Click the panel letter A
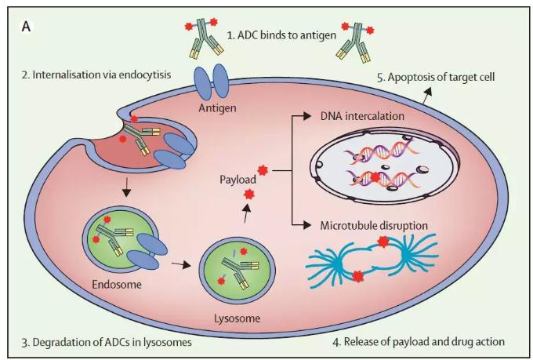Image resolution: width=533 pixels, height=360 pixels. pos(26,26)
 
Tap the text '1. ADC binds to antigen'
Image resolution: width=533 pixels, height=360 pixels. pos(281,35)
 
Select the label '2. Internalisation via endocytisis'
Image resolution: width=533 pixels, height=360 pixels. pos(96,75)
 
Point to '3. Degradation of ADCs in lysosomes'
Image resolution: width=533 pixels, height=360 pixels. pos(107,342)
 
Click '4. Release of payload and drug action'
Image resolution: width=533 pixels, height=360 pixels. pos(419,341)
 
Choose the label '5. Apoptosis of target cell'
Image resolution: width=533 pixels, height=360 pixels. pos(436,77)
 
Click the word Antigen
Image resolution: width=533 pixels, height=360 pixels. pos(217,108)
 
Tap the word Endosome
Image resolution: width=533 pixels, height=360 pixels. pos(117,284)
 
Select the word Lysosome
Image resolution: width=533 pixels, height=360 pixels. pos(237,318)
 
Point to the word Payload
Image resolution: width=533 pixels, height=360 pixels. pos(237,180)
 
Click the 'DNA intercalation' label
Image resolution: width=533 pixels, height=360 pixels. pos(362,116)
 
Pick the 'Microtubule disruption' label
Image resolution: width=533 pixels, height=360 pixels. pos(374,225)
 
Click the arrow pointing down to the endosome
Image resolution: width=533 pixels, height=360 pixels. pos(126,187)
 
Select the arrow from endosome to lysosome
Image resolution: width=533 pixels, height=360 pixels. pos(180,264)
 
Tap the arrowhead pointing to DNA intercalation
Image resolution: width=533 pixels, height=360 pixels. pos(306,116)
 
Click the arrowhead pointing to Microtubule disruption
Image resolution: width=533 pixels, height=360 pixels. pos(306,225)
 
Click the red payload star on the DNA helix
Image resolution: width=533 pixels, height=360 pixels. pos(375,177)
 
